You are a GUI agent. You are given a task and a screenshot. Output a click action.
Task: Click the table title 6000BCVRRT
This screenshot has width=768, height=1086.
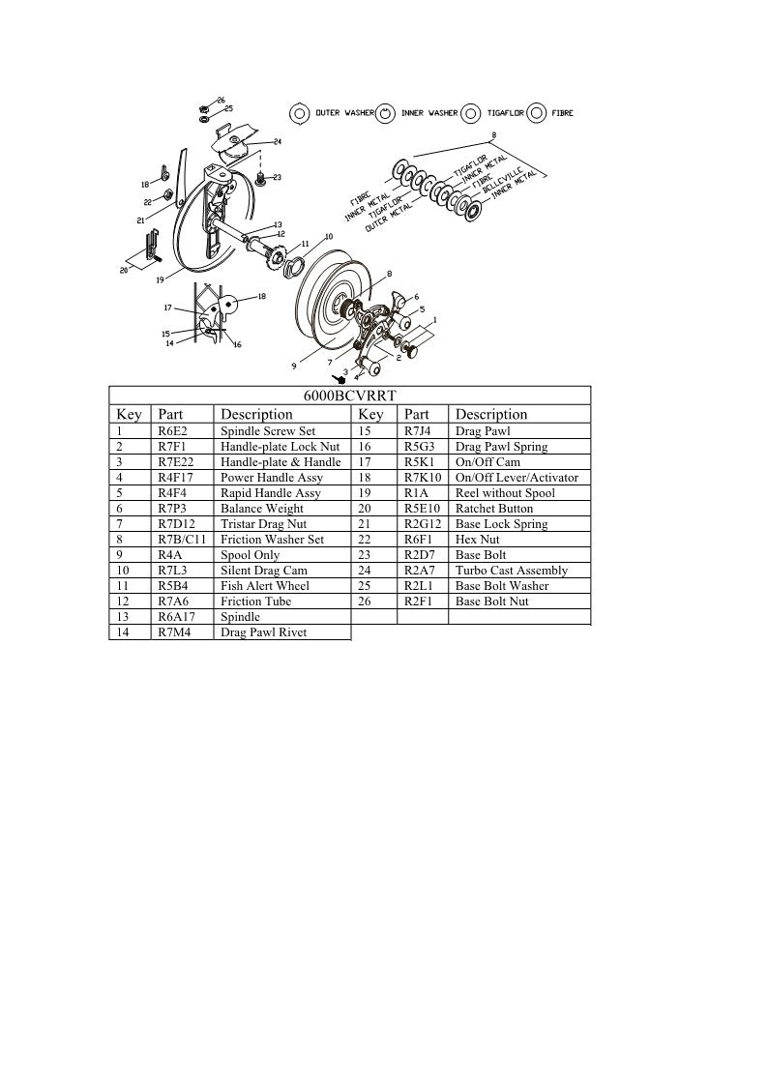coord(349,395)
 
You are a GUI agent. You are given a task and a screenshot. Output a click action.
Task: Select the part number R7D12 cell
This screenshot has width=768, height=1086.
coord(176,524)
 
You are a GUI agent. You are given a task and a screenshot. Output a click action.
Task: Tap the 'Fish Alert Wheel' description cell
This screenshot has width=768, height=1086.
coord(265,586)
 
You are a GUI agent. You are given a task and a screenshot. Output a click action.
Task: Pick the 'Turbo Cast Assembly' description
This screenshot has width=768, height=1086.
coord(512,571)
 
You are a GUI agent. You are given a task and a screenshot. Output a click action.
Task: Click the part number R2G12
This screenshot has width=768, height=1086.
coord(423,524)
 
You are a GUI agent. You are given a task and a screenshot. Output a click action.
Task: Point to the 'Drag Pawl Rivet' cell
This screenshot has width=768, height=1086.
coord(264,632)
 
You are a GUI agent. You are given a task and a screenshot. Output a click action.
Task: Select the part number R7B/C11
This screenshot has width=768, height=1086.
coord(181,540)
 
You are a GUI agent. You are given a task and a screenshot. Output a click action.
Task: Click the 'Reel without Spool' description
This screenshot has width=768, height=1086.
coord(505,493)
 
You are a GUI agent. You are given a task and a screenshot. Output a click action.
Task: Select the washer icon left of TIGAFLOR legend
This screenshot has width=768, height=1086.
coord(471,113)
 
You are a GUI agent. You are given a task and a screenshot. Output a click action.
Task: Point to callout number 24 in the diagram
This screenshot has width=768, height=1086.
coord(277,142)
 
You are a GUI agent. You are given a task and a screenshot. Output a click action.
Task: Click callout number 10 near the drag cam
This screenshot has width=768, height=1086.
coord(328,237)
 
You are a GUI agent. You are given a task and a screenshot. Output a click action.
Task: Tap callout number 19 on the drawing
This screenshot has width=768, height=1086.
coord(161,279)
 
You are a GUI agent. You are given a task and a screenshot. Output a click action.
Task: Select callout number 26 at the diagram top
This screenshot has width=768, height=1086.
coord(221,101)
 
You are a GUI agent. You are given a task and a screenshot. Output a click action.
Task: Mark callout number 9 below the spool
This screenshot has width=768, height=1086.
coord(293,367)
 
